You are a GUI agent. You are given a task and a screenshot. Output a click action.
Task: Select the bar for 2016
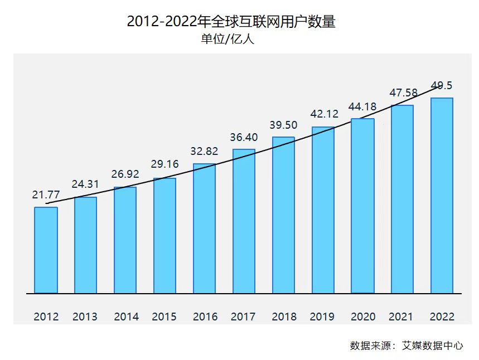(204, 228)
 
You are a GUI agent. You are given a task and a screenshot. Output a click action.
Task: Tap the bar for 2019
(323, 210)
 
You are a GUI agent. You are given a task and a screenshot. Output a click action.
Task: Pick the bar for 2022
(442, 195)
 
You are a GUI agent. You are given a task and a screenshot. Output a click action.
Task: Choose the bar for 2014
(125, 240)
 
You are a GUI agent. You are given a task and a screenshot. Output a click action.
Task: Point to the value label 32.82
(204, 152)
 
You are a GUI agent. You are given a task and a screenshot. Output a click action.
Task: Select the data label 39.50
(283, 125)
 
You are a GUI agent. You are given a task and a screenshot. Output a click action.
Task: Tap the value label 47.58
(403, 93)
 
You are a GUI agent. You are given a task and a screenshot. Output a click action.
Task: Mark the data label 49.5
(442, 85)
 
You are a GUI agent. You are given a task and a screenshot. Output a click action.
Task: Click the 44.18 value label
(362, 106)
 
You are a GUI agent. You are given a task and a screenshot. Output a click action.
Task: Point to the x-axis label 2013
(85, 317)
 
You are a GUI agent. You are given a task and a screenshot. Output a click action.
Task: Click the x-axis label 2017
(243, 317)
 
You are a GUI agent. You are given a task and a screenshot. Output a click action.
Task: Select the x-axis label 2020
(362, 317)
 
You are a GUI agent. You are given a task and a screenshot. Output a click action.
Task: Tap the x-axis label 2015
(164, 317)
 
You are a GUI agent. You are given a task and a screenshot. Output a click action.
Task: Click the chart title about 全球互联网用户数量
(231, 22)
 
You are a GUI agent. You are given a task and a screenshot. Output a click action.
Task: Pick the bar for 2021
(402, 199)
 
